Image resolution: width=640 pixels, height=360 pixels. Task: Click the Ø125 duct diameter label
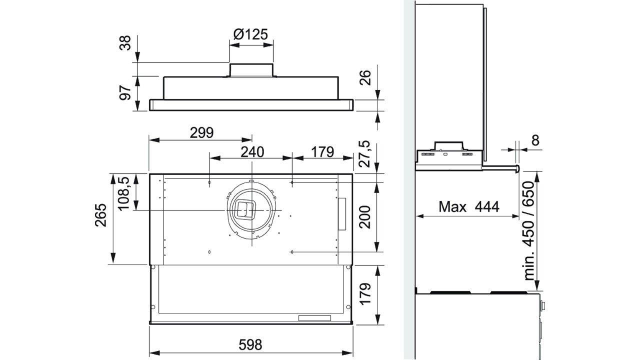pos(250,34)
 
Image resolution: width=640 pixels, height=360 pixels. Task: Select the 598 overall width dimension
pos(250,345)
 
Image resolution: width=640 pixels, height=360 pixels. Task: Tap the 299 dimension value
pos(201,133)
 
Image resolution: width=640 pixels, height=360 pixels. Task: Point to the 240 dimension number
pos(252,152)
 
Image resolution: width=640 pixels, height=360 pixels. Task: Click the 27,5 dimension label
pos(364,154)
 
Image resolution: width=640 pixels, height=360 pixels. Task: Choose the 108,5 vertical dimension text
pos(124,193)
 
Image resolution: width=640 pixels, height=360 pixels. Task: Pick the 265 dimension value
pos(100,215)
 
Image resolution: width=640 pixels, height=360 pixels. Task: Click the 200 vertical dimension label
pos(364,217)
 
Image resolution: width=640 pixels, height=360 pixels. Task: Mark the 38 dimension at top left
pos(125,43)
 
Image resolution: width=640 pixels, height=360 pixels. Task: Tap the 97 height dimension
pos(125,92)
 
